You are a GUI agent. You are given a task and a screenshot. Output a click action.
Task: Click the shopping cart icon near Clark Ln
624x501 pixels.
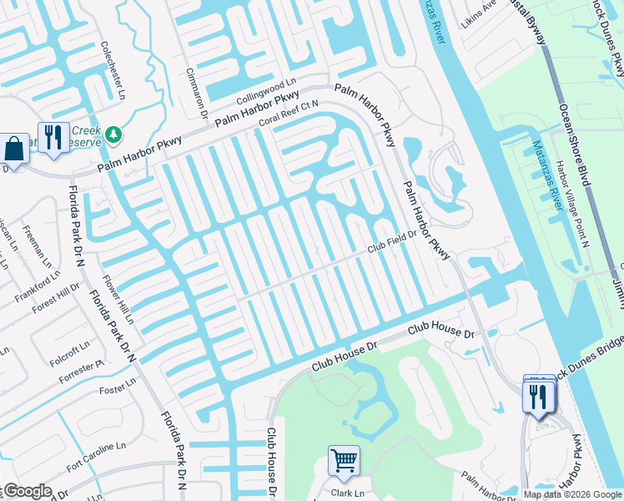point(344,459)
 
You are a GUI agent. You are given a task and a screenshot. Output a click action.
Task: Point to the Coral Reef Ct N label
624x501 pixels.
point(289,114)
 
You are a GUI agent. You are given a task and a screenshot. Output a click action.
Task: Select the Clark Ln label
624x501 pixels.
point(348,493)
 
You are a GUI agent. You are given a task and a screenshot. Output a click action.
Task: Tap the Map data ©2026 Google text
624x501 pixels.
point(572,494)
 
